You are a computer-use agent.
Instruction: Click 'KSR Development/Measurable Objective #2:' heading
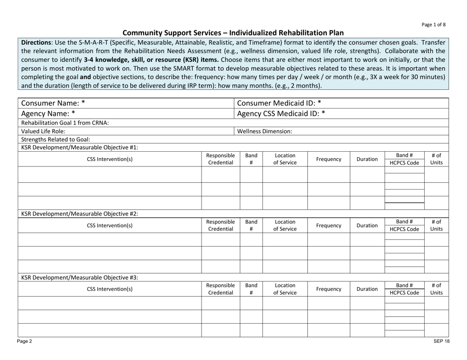[79, 214]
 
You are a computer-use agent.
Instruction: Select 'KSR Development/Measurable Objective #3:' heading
[79, 277]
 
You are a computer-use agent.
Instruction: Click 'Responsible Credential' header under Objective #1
[221, 159]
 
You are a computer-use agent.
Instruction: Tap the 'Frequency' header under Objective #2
[328, 226]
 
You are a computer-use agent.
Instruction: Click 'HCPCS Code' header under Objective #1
[404, 163]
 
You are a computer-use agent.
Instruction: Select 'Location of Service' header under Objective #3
[285, 289]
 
